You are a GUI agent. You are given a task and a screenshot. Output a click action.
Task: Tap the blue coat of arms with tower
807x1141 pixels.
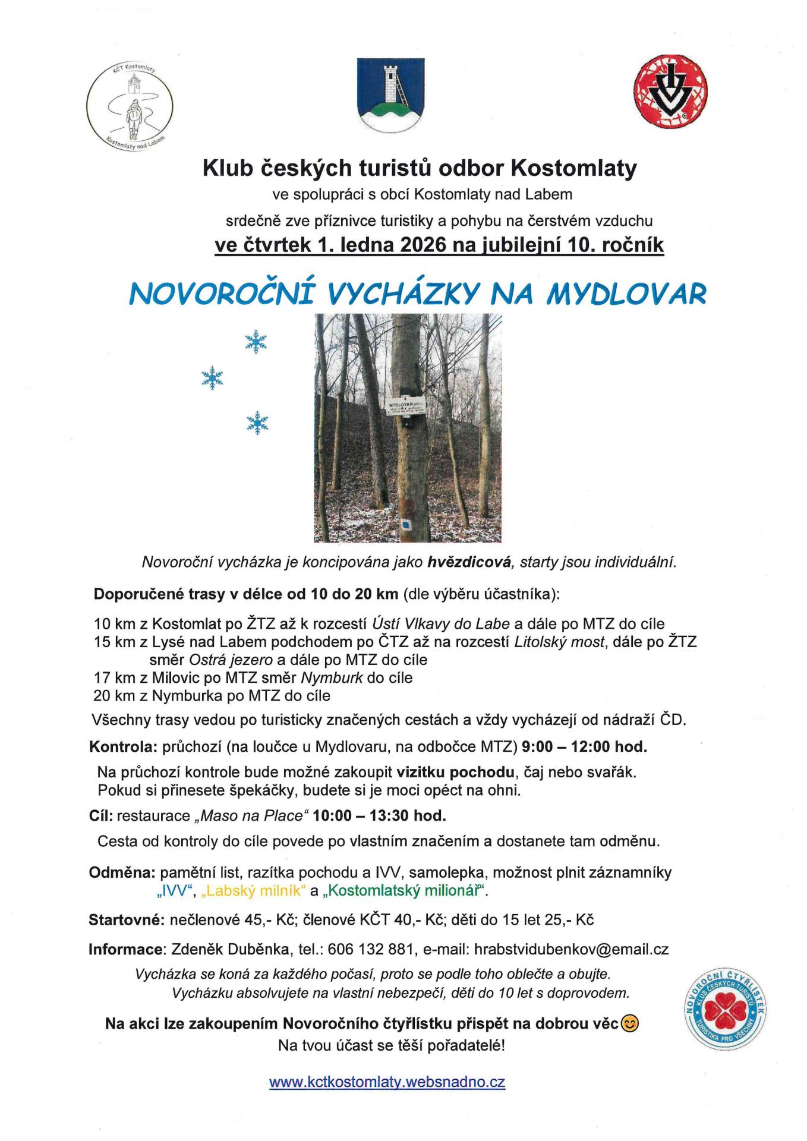point(390,94)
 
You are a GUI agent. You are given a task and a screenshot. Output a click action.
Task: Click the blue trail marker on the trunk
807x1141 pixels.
point(406,524)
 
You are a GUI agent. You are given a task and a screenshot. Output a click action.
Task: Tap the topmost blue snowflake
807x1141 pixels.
point(256,342)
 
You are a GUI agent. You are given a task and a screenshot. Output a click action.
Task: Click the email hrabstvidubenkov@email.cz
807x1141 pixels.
point(571,949)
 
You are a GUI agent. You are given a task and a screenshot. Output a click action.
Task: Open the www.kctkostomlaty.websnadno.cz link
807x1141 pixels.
point(387,1082)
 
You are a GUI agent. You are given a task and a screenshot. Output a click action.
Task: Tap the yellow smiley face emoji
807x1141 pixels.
point(629,1023)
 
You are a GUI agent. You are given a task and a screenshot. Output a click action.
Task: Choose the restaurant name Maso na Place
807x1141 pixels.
point(252,816)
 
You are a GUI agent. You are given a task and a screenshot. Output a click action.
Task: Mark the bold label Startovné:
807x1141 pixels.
point(126,920)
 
